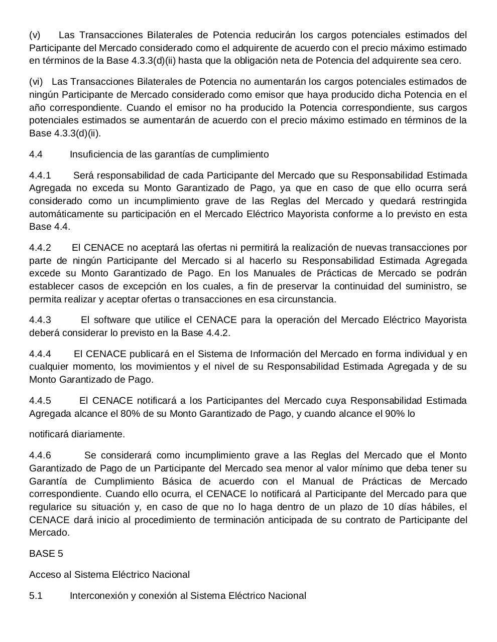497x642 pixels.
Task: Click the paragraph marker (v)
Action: (35, 35)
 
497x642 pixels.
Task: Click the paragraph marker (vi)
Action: (36, 82)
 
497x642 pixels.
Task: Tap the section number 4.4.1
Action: (40, 176)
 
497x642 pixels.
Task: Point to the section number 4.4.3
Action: (40, 320)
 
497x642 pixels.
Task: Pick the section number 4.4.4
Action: (40, 354)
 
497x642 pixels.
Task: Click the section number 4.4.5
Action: (40, 401)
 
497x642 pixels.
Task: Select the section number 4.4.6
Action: (40, 455)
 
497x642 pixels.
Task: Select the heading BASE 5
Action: (46, 554)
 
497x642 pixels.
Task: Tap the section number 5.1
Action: (36, 596)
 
